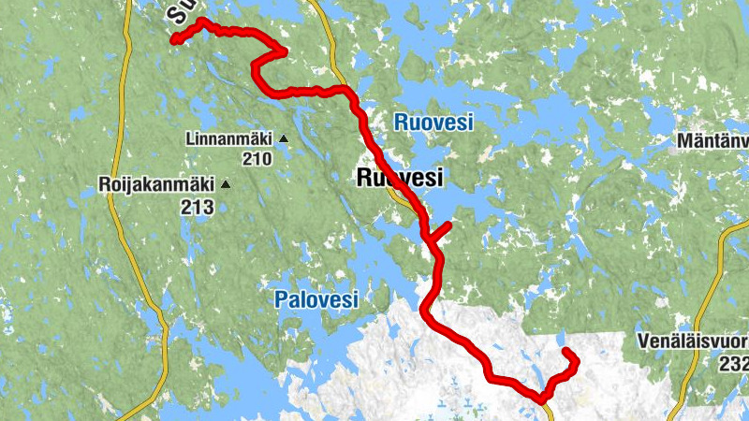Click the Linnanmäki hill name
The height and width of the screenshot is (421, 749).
[x=228, y=139]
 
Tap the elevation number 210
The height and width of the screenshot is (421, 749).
[x=255, y=158]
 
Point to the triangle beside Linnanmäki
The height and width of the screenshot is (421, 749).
[x=283, y=139]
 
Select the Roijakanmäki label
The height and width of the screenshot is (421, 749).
[x=156, y=185]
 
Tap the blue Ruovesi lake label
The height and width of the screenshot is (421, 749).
[x=433, y=122]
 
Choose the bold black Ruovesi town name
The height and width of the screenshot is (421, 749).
[x=400, y=178]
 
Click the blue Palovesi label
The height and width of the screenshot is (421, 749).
[x=316, y=299]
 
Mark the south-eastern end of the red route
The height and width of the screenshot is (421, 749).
[x=565, y=351]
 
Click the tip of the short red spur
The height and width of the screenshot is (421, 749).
[x=449, y=225]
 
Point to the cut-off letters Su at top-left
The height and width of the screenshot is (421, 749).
[x=182, y=11]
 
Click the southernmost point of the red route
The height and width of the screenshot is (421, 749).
[x=541, y=400]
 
